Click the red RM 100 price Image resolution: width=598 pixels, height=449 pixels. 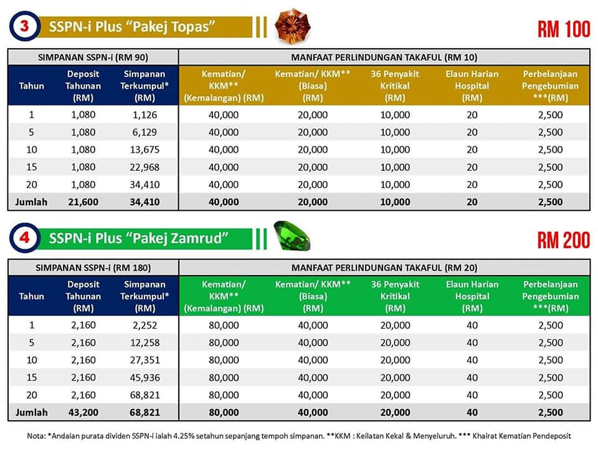pos(564,29)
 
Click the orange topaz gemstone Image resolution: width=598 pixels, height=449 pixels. pos(293,26)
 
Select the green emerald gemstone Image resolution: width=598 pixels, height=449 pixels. pos(292,236)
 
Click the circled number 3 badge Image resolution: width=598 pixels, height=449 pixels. pos(24,26)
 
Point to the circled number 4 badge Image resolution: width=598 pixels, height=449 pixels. pos(24,238)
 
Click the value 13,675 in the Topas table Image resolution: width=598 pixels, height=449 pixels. pos(145,150)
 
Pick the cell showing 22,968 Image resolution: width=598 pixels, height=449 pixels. pos(145,167)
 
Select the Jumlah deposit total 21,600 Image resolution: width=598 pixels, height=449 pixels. pos(83,202)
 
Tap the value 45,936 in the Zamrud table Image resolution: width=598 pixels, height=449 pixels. pos(145,378)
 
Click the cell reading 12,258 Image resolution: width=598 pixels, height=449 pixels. pos(145,343)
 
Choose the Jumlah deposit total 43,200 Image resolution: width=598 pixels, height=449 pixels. pos(83,412)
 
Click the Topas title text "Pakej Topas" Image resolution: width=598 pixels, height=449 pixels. pos(169,27)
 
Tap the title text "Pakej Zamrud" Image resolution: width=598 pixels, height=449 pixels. pos(176,238)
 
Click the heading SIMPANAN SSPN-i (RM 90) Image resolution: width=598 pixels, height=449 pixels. pos(93,57)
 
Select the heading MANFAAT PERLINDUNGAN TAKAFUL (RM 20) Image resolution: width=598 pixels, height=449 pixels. pos(384,268)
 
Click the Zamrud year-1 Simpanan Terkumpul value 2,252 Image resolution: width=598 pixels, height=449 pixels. pos(145,326)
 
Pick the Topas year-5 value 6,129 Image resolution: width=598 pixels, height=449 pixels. pos(145,132)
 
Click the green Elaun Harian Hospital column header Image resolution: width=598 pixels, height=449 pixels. pos(472,296)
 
